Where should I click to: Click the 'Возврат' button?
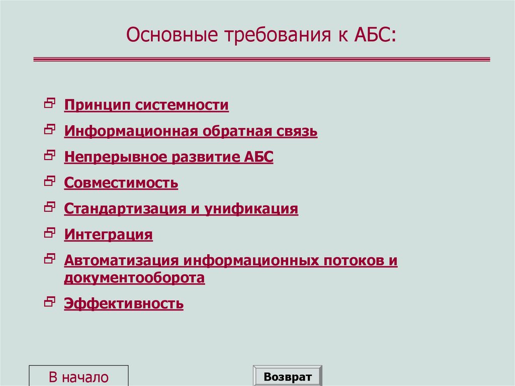[x=288, y=377]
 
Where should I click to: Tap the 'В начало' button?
[x=78, y=377]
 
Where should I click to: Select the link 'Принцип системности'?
[x=146, y=105]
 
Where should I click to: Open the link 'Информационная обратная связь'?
[x=191, y=131]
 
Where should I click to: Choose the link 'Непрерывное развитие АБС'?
[x=168, y=157]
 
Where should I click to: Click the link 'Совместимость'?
[x=121, y=183]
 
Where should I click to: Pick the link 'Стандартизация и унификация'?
[x=181, y=208]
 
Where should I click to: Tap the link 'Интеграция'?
[x=108, y=235]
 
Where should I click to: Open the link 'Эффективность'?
[x=124, y=303]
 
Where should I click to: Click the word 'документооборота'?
[x=134, y=278]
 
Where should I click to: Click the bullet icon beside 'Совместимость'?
[x=49, y=181]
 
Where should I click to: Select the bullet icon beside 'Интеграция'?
[x=49, y=233]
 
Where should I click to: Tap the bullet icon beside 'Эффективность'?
[x=49, y=301]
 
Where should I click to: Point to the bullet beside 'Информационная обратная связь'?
[x=49, y=129]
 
